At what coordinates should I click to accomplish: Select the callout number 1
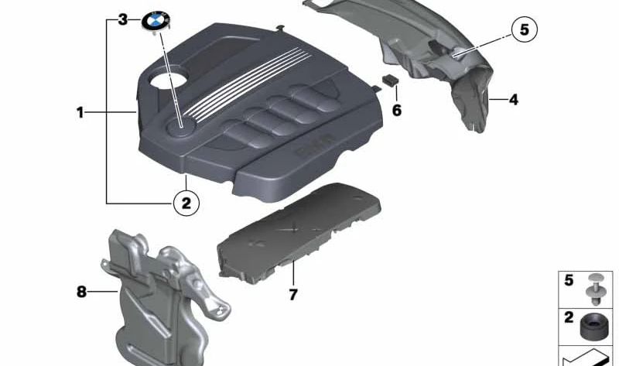coord(80,113)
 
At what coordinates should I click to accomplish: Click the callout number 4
coord(512,99)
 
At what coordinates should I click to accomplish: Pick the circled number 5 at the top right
coord(523,31)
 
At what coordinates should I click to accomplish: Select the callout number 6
coord(397,110)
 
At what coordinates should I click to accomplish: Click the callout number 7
coord(293,295)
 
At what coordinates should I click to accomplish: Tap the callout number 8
coord(81,292)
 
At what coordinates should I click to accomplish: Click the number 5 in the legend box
coord(569,280)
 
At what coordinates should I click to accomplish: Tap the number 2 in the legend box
coord(569,317)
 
